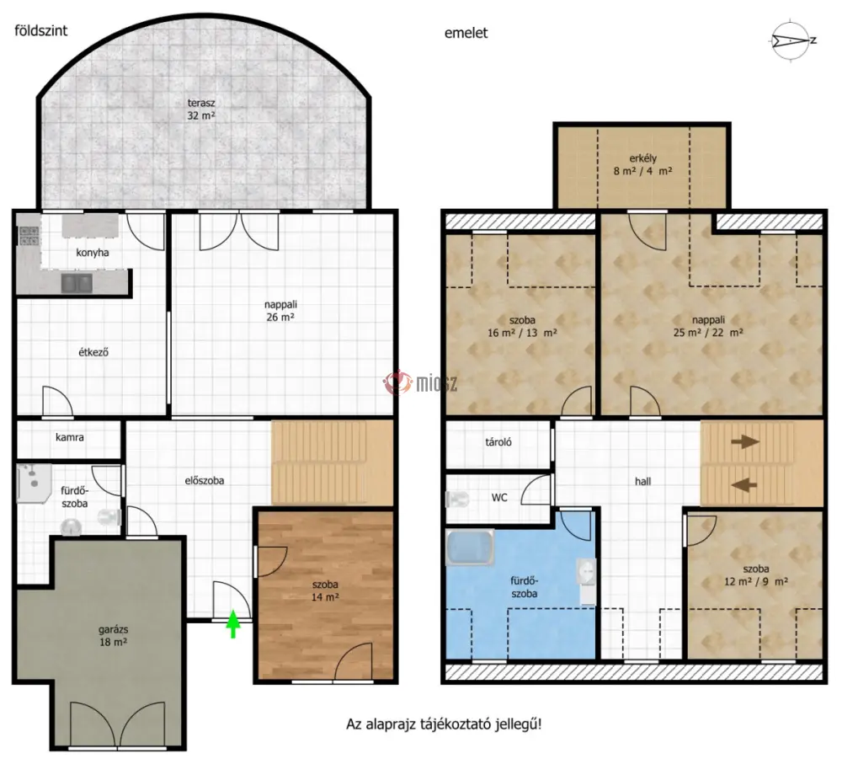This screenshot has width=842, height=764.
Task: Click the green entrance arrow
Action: click(232, 624)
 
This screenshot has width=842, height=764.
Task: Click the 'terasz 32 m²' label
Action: click(201, 109)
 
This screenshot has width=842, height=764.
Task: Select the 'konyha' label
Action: click(93, 253)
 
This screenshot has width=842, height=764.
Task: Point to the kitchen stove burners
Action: click(29, 236)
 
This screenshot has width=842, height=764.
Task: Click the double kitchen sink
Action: click(77, 283)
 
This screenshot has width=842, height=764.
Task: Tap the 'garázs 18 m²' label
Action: click(113, 636)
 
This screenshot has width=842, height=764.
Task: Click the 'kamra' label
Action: click(70, 437)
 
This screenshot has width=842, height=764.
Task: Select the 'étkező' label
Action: click(93, 352)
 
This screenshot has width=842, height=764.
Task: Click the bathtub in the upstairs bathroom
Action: click(469, 548)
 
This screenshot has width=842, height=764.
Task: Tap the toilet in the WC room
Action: click(457, 500)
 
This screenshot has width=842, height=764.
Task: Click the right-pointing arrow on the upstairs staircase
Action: click(745, 441)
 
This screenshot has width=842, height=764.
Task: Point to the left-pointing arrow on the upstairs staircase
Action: click(745, 485)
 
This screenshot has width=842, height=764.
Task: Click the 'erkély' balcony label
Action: click(642, 158)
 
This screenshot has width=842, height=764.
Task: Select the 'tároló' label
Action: click(498, 442)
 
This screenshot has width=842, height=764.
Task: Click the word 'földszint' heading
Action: click(40, 30)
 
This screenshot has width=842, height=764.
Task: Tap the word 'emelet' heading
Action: click(466, 33)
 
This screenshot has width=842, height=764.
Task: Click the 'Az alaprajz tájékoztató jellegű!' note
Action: click(444, 724)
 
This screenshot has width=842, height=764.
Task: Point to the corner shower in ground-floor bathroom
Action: click(35, 484)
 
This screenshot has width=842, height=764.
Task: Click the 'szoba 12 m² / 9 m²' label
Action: click(756, 574)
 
